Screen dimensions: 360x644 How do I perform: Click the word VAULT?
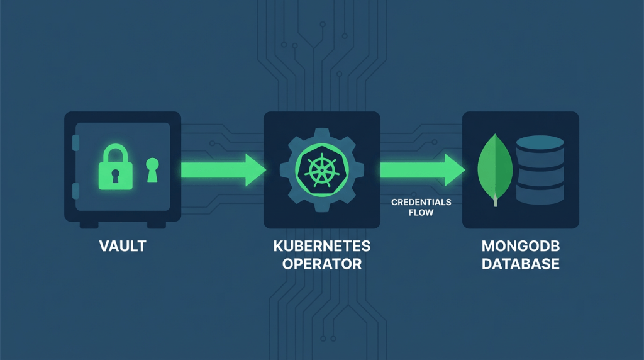[x=123, y=246]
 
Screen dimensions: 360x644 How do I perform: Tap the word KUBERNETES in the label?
[x=321, y=246]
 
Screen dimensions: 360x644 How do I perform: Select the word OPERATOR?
[x=321, y=264]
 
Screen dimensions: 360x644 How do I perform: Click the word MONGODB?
[x=521, y=246]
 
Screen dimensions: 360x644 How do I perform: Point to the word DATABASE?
[x=521, y=264]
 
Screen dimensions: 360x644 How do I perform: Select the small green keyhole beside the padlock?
[x=153, y=169]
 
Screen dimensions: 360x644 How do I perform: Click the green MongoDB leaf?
[x=495, y=166]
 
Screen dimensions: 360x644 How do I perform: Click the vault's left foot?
[x=87, y=224]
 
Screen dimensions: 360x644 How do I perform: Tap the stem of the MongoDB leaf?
[x=496, y=201]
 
